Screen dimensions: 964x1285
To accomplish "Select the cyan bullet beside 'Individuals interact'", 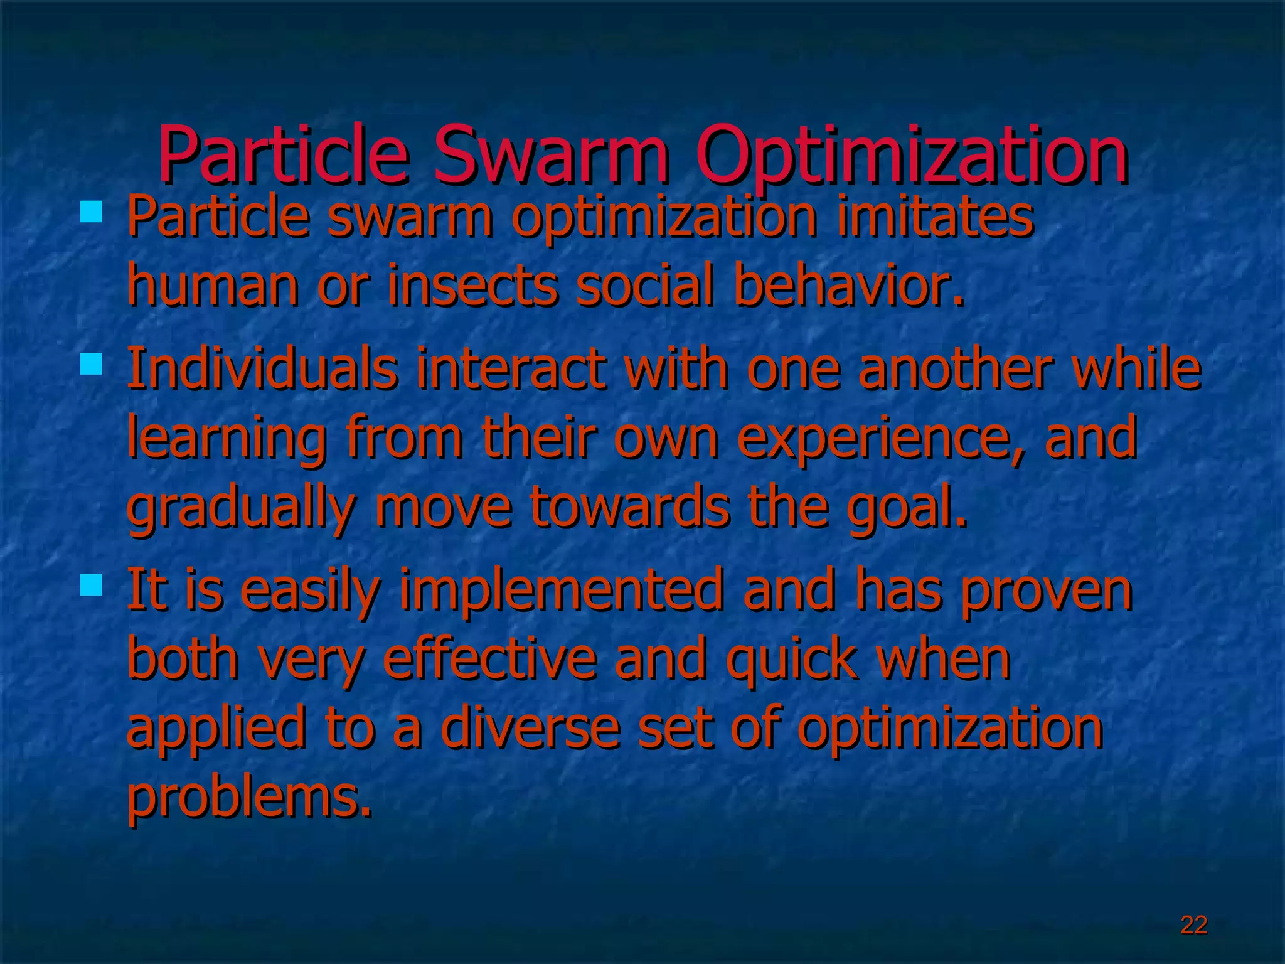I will pyautogui.click(x=91, y=364).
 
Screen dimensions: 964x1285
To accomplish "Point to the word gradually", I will pyautogui.click(x=242, y=508).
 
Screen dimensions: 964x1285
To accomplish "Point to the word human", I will pyautogui.click(x=213, y=286).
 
